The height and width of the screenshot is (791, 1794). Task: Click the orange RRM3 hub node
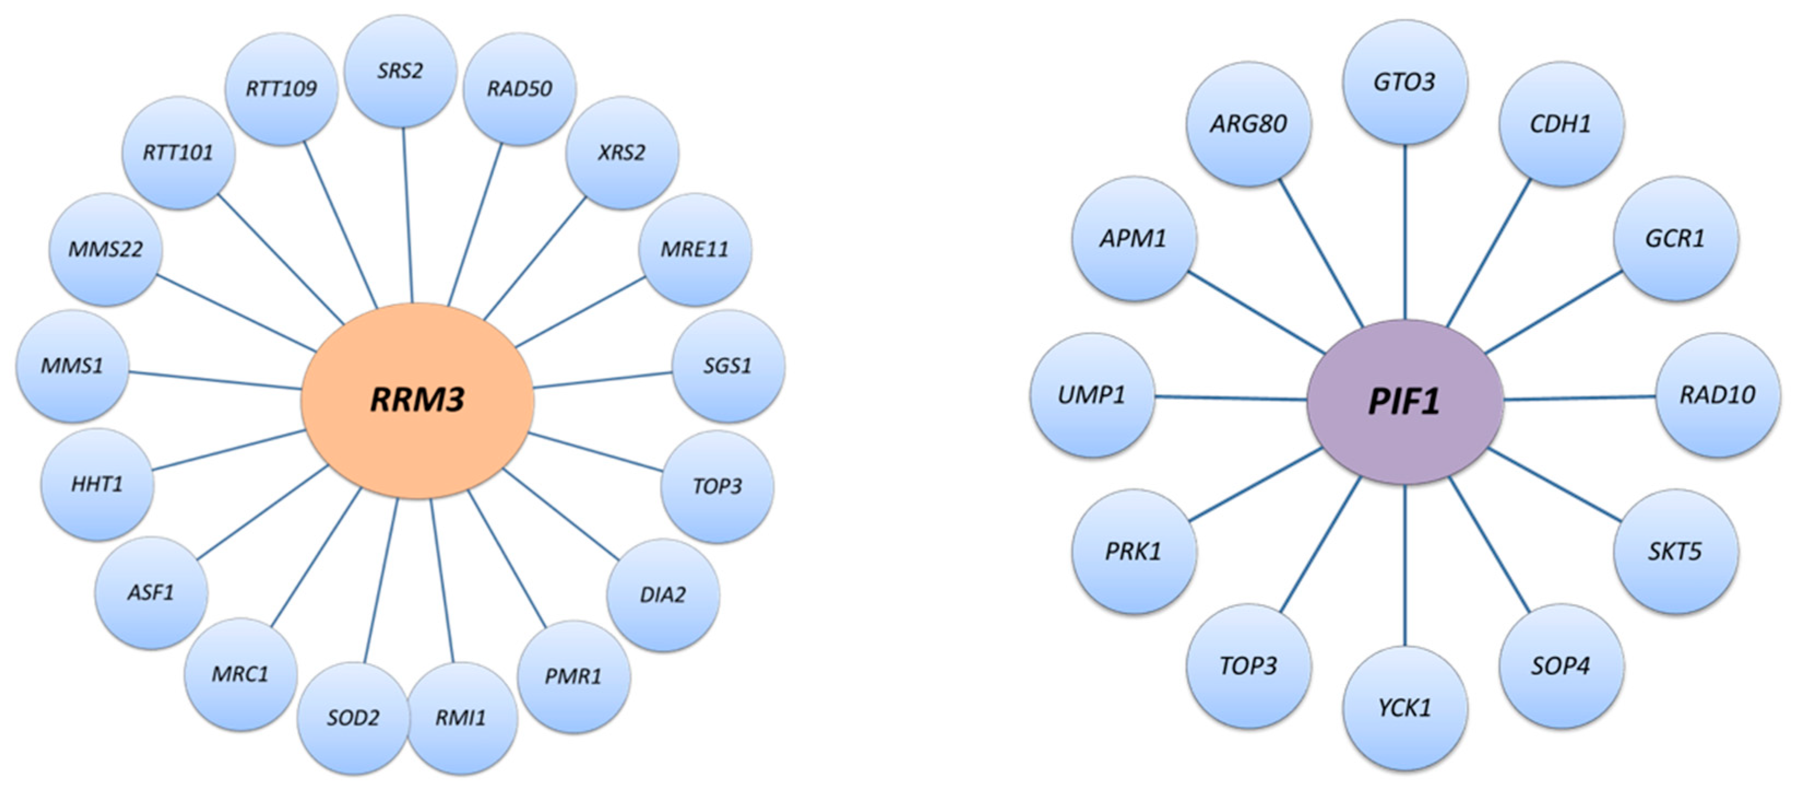(x=417, y=400)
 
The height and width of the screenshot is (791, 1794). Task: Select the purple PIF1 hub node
(x=1404, y=402)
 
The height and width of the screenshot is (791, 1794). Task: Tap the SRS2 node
(x=400, y=71)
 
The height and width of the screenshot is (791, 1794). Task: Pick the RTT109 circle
(x=281, y=88)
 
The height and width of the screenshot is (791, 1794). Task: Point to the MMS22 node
(x=105, y=249)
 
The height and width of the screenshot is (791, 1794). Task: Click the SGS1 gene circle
(x=728, y=366)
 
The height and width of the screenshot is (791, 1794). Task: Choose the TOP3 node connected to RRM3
(x=717, y=486)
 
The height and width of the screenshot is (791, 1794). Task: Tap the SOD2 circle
(x=353, y=718)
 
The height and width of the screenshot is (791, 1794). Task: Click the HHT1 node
(x=97, y=484)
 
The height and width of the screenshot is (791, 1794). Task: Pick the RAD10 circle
(x=1716, y=395)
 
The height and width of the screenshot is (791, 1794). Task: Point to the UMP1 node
(x=1091, y=395)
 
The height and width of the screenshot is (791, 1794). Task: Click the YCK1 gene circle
(x=1404, y=708)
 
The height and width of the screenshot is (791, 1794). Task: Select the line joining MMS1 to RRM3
(x=215, y=380)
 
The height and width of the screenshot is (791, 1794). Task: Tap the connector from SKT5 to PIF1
(x=1554, y=485)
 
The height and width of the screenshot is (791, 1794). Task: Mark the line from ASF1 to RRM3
(x=263, y=513)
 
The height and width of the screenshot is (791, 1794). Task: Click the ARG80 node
(x=1248, y=124)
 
